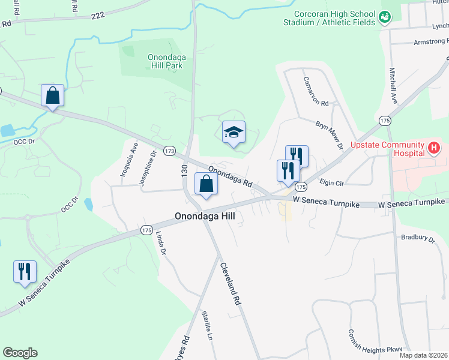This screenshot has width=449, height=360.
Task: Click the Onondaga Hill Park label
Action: (165, 61)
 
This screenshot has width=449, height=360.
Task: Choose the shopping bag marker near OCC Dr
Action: (53, 95)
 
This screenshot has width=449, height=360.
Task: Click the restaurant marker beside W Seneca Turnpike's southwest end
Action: (25, 272)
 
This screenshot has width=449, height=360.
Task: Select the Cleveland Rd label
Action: (231, 284)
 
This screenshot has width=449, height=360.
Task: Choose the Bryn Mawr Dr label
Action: (329, 135)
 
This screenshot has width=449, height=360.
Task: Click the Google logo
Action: (20, 353)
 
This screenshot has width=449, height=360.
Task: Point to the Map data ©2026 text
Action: (423, 355)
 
